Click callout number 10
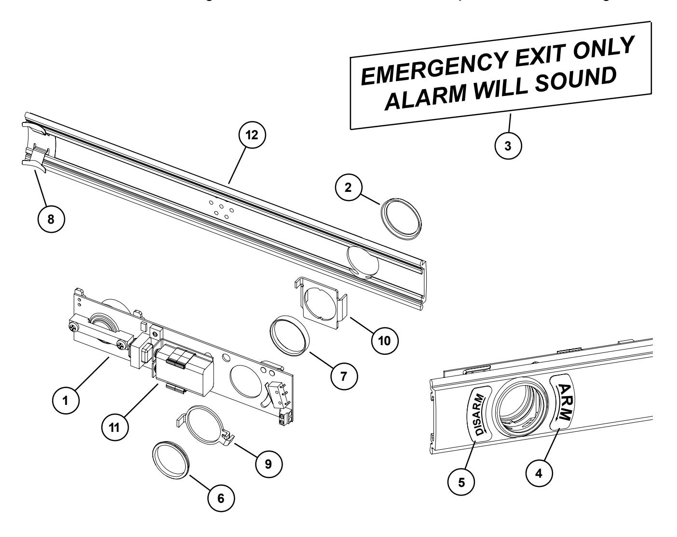point(384,340)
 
